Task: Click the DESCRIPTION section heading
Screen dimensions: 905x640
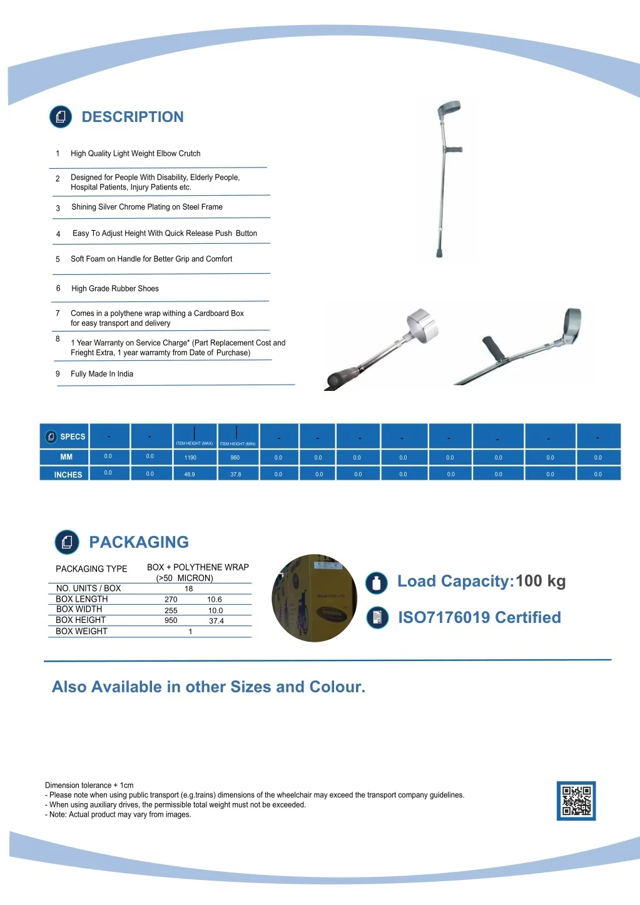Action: pos(133,117)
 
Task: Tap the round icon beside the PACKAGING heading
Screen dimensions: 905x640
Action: pos(67,542)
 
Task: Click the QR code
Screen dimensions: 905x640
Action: pos(576,801)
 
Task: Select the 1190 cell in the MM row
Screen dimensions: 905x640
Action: pos(190,458)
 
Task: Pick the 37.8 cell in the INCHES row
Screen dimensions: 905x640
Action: pos(235,475)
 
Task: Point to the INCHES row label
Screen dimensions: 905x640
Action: pos(68,475)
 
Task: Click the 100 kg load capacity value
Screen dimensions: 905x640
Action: pos(541,581)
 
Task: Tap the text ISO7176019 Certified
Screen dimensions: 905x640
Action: pos(479,617)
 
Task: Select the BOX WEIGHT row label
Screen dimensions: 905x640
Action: pos(81,632)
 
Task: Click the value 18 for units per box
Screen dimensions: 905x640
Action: pos(189,589)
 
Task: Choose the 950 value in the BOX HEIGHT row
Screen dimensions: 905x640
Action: pos(171,620)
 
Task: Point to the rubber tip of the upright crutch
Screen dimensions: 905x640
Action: pos(439,253)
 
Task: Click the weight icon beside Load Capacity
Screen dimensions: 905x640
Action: pos(377,583)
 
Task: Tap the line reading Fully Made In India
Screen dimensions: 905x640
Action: pos(102,374)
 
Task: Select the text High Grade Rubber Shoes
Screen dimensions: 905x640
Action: pos(115,289)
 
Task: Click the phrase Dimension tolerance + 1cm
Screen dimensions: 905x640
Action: pos(89,786)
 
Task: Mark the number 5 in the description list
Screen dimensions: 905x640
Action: pos(58,260)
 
